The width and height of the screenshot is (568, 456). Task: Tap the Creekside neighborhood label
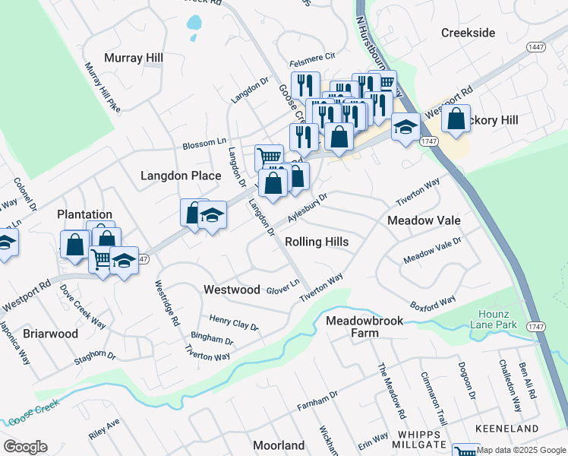point(468,33)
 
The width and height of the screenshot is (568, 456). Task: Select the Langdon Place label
point(181,176)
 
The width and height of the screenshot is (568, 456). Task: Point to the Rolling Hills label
point(317,242)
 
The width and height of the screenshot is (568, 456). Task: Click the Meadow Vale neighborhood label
point(424,220)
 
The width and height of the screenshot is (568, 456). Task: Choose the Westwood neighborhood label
point(232,290)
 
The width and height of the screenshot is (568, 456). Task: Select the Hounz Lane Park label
point(497,320)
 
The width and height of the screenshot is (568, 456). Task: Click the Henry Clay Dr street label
point(234,323)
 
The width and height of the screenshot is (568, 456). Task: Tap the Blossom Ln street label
point(204,143)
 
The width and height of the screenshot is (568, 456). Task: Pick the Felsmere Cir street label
point(311,57)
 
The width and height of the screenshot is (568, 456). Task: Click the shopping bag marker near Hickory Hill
point(455,119)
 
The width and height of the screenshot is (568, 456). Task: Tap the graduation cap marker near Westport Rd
point(405,126)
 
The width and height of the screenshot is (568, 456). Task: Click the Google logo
point(24,447)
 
